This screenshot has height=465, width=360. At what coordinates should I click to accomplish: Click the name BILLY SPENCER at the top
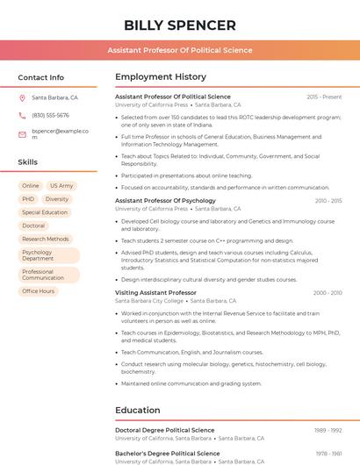click(x=180, y=25)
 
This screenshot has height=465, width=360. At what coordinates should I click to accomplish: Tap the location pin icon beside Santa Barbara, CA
click(x=22, y=98)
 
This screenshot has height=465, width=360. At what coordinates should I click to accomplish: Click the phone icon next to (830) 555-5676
click(x=22, y=116)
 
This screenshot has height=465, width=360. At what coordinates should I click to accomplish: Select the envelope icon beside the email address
click(x=22, y=134)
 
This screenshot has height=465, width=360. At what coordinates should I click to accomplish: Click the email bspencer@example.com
click(x=60, y=133)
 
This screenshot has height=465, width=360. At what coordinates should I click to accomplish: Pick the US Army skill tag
click(x=61, y=186)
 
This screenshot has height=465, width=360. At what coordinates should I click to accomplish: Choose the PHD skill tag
click(x=28, y=199)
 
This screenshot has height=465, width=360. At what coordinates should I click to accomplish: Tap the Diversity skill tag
click(x=57, y=199)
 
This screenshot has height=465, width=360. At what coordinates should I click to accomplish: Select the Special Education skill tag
click(x=45, y=212)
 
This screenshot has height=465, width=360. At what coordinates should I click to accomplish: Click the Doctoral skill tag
click(x=33, y=225)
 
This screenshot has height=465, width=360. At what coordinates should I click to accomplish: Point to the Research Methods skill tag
click(x=46, y=239)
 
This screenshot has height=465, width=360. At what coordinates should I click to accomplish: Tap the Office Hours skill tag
click(x=39, y=291)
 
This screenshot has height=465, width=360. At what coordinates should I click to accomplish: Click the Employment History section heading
click(x=161, y=77)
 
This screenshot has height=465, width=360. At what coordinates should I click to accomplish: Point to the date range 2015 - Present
click(x=324, y=97)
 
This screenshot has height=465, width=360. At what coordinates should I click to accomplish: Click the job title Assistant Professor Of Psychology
click(x=165, y=201)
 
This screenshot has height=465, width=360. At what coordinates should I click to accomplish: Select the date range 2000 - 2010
click(x=328, y=292)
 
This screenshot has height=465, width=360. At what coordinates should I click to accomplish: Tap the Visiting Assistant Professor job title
click(x=155, y=292)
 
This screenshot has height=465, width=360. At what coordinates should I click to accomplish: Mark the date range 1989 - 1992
click(x=328, y=430)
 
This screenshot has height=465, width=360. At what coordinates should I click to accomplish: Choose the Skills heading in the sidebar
click(x=28, y=162)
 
